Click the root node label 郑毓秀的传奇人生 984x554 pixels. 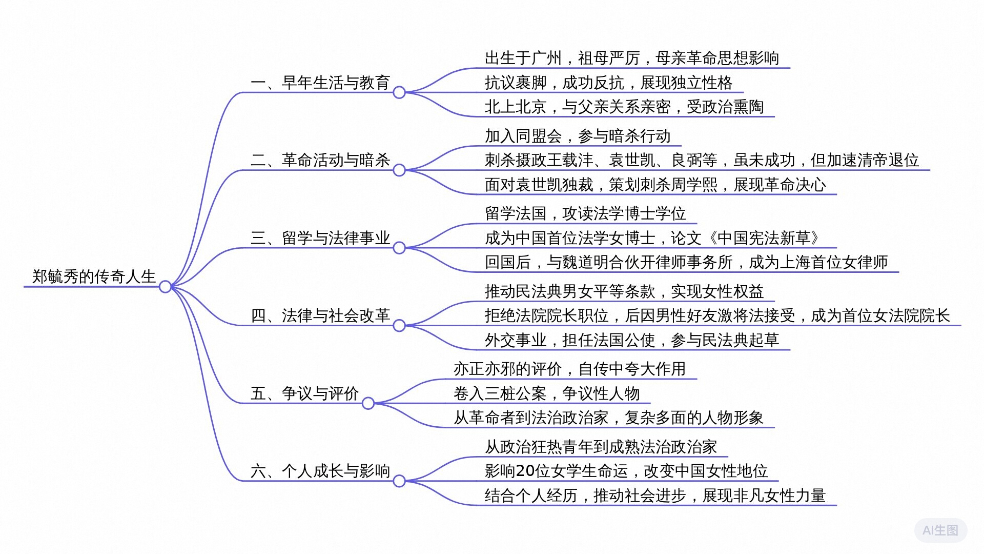[x=94, y=276]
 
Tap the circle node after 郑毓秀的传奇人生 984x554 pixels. [x=165, y=287]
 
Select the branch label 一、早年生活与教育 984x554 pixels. [x=320, y=83]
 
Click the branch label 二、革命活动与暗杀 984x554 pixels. [x=320, y=160]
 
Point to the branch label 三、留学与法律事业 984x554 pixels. [x=320, y=238]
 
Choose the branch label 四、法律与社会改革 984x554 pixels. [x=320, y=315]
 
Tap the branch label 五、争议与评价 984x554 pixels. [x=305, y=393]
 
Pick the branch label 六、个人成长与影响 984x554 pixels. [x=320, y=471]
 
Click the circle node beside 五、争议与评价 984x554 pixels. [x=368, y=404]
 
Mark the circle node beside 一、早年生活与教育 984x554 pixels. [x=399, y=93]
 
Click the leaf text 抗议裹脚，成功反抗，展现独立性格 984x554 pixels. [x=609, y=83]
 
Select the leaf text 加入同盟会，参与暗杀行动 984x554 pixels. [x=578, y=136]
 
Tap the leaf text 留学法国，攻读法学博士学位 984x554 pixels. [x=585, y=213]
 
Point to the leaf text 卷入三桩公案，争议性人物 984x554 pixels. [x=546, y=393]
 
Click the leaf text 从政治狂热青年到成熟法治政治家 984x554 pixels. [x=601, y=447]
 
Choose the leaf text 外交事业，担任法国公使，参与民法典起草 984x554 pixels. [x=632, y=340]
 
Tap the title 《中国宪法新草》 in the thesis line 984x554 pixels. [x=764, y=238]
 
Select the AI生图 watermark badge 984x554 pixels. [x=940, y=530]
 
